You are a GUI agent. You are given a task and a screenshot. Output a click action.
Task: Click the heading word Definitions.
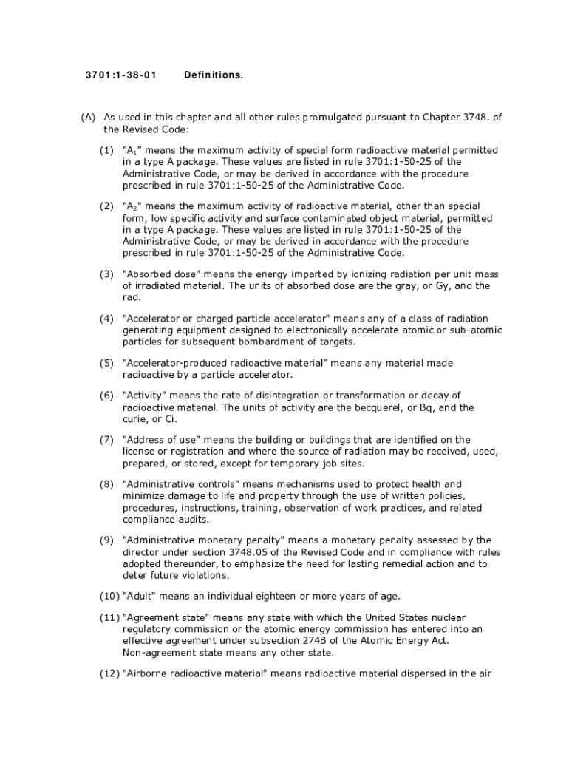coord(214,75)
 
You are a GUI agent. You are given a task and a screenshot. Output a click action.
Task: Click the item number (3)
coord(107,274)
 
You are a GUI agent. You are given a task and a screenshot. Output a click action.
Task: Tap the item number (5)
coord(107,363)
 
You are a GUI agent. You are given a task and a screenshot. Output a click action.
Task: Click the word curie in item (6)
coord(134,419)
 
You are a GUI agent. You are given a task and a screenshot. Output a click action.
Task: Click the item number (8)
coord(107,484)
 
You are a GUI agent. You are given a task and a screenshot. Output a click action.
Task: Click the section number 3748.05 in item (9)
coord(248,552)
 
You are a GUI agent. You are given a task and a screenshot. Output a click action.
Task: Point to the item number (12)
coord(109,673)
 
